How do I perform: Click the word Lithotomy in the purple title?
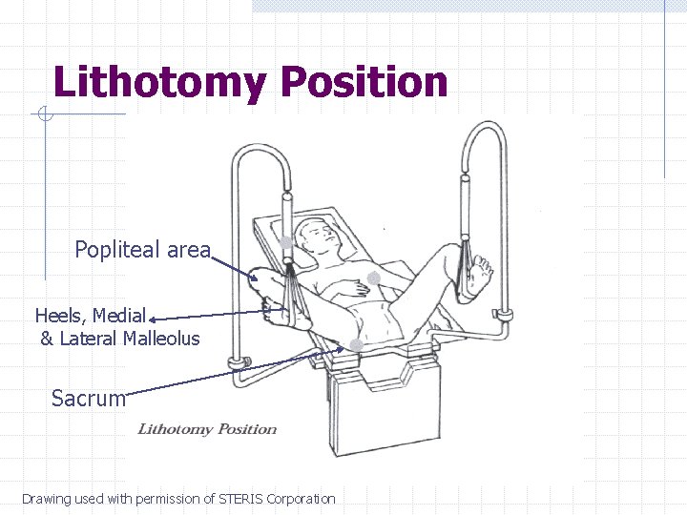pyautogui.click(x=157, y=82)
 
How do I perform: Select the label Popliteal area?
pyautogui.click(x=142, y=250)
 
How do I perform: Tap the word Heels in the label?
pyautogui.click(x=63, y=315)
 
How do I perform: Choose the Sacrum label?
pyautogui.click(x=89, y=398)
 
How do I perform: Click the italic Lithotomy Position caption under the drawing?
pyautogui.click(x=207, y=428)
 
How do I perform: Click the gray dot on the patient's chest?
pyautogui.click(x=375, y=278)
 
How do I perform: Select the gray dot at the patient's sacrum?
pyautogui.click(x=355, y=344)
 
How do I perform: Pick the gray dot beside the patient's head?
pyautogui.click(x=285, y=242)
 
